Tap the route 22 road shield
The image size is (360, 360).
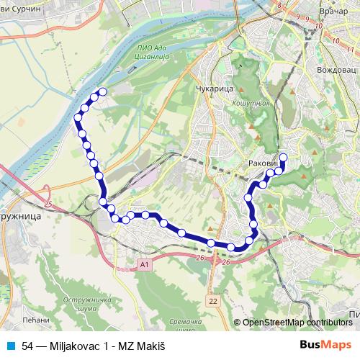coord(212,298)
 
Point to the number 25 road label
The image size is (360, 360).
coord(48,207)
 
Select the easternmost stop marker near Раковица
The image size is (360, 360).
coord(283,158)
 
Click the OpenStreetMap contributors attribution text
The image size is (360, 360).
coord(297,323)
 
